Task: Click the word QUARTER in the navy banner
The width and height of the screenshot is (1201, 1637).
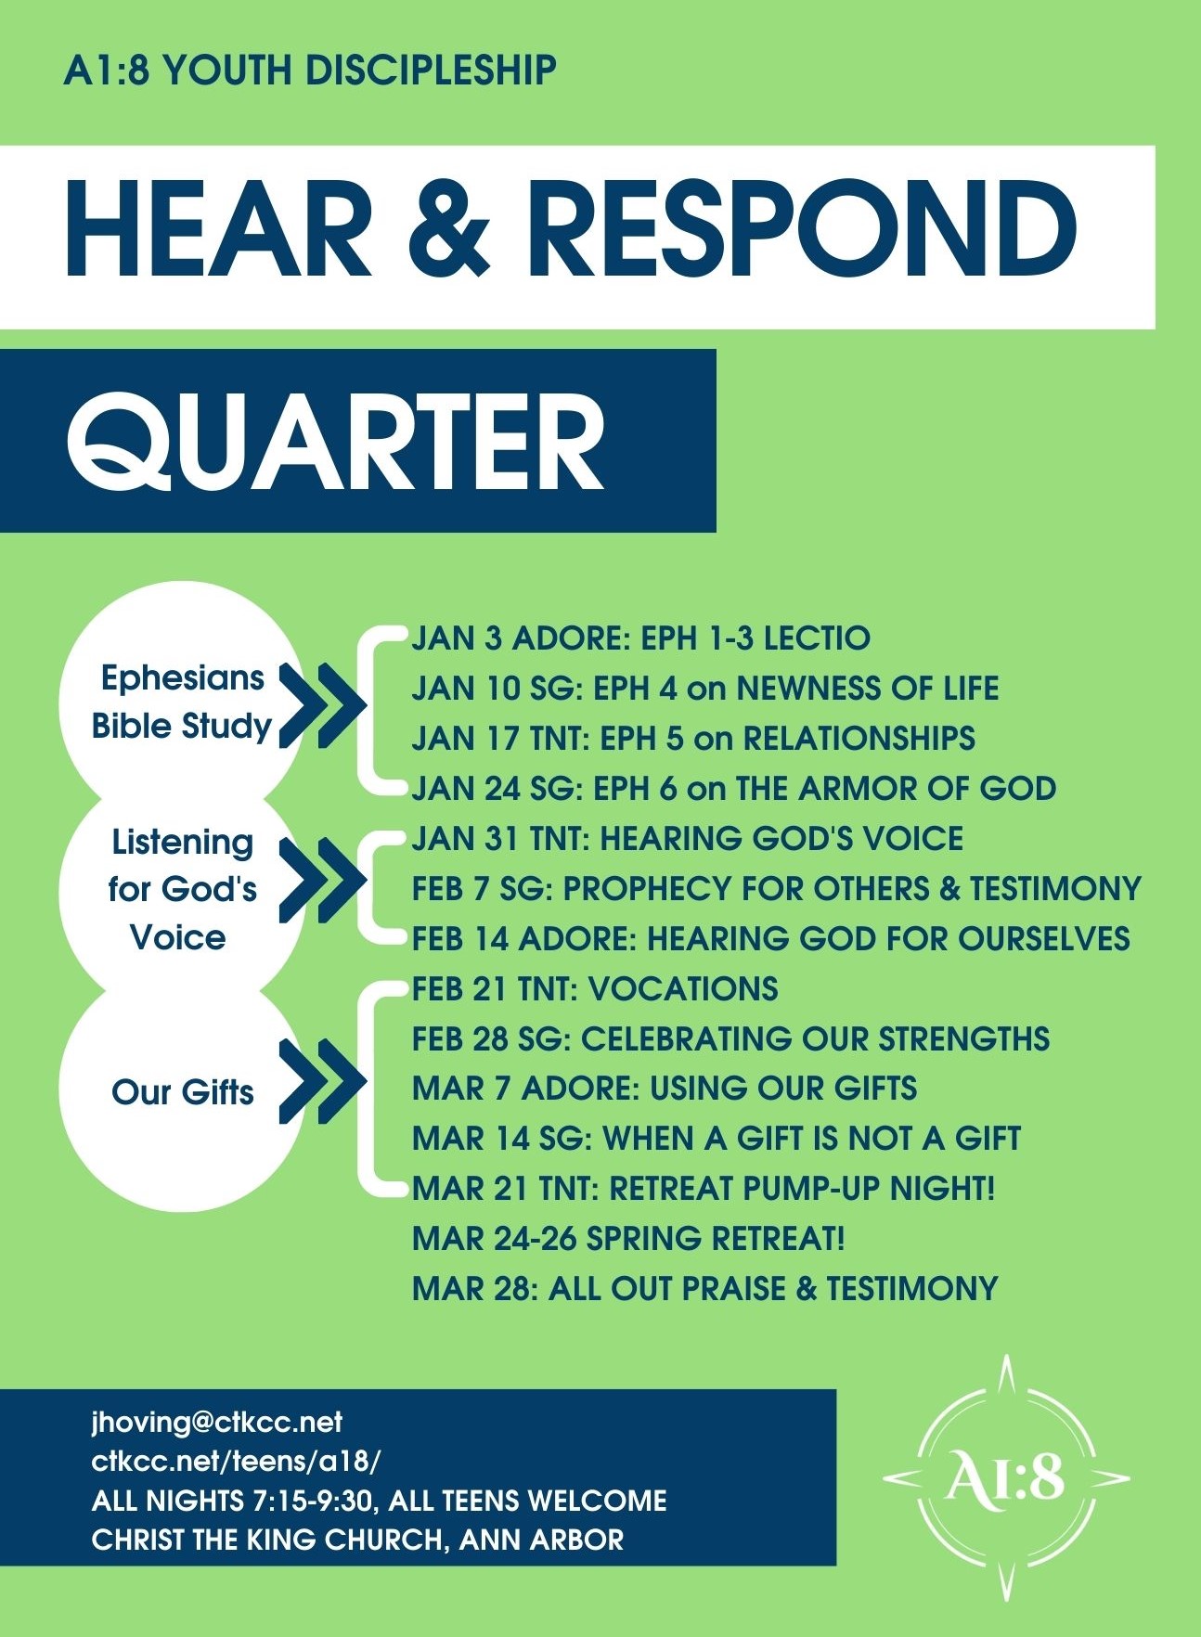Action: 336,442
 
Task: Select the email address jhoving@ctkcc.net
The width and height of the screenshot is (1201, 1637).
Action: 217,1422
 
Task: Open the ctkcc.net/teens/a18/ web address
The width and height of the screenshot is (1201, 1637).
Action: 236,1462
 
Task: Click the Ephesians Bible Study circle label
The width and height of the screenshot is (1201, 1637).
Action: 182,702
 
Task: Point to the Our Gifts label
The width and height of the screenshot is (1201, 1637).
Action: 183,1092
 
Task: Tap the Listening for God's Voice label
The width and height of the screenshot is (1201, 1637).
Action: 182,889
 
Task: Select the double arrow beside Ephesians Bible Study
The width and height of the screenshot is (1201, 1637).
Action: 323,705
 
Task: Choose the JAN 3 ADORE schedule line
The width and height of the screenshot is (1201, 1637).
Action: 641,638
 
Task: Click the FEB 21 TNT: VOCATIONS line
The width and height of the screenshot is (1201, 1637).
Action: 595,989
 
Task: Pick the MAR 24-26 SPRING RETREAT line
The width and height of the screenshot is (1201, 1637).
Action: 628,1239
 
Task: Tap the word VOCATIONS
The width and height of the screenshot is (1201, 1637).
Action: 684,989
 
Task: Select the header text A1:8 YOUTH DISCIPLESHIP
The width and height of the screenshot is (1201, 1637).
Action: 310,71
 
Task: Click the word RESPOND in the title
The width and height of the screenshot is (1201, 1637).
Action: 808,228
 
